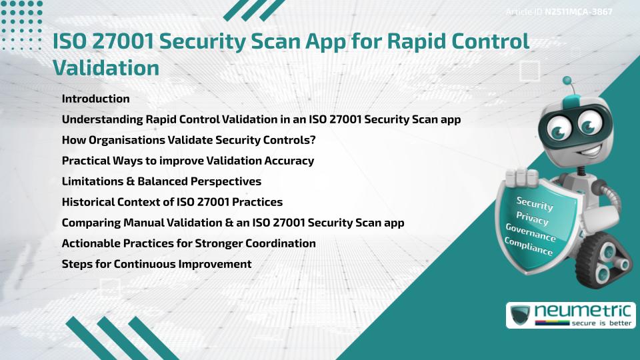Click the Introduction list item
coord(95,99)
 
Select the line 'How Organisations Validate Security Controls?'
coord(188,140)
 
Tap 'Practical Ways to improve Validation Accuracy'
coord(187,161)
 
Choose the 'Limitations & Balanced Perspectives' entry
coord(161,181)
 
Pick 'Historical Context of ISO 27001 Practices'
coord(172,202)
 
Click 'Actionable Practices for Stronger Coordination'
coord(189,243)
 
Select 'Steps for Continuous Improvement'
coord(156,264)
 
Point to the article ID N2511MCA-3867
coord(578,11)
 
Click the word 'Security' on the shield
coord(534,203)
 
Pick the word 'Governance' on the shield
coord(531,233)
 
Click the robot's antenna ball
coord(568,81)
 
